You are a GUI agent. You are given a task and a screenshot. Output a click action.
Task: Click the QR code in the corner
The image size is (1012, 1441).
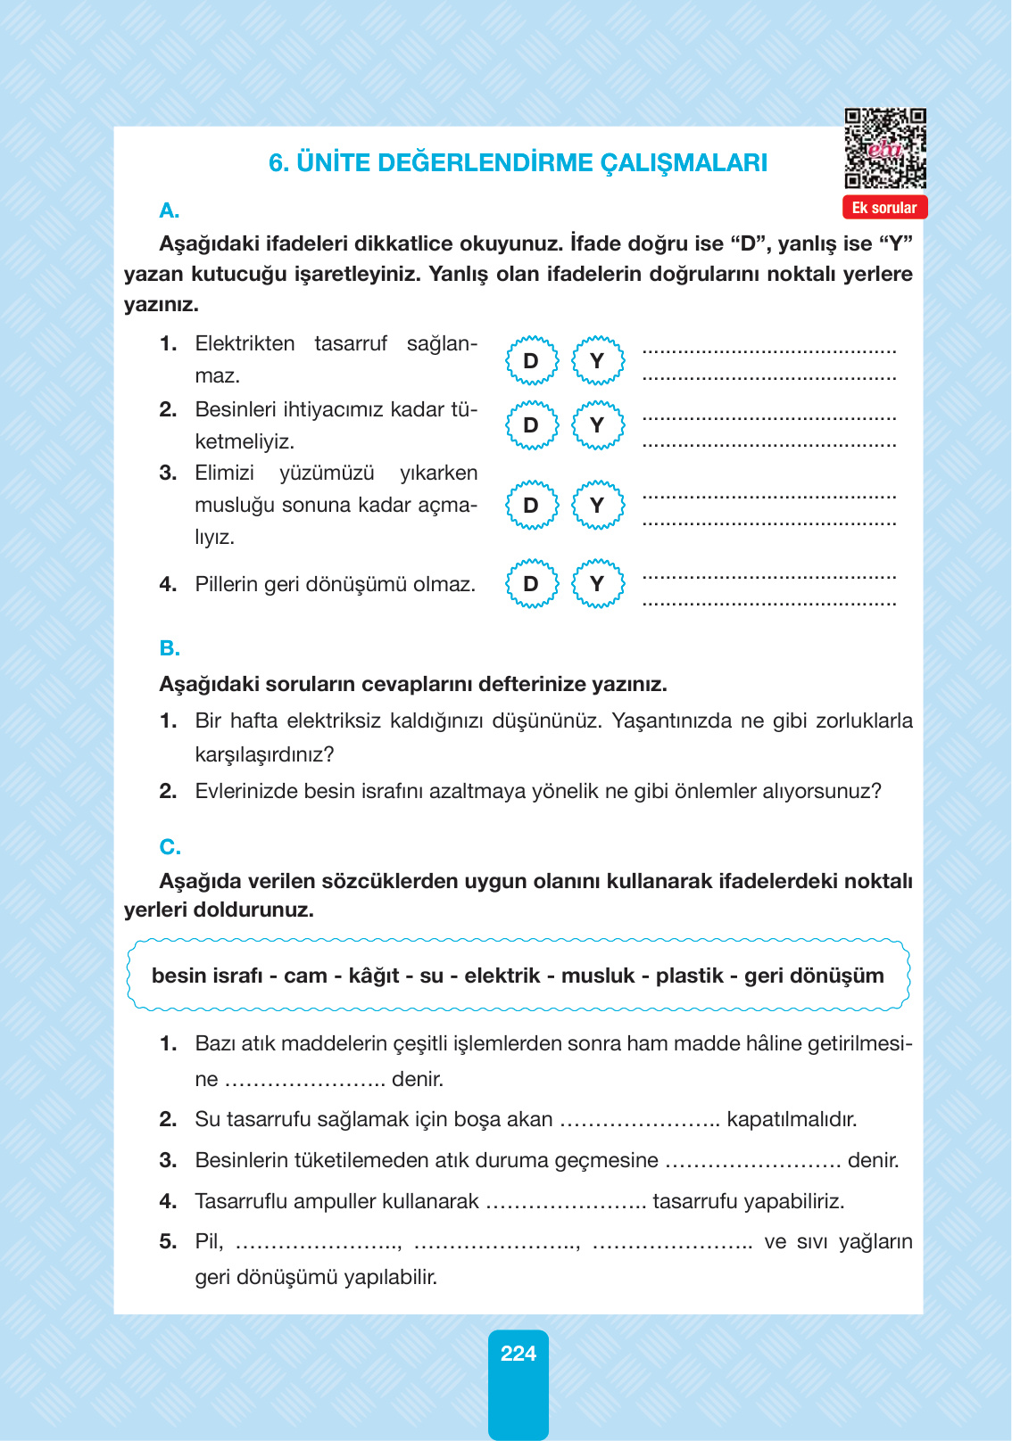pyautogui.click(x=884, y=148)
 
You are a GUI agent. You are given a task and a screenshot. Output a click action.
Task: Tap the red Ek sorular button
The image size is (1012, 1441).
pyautogui.click(x=884, y=208)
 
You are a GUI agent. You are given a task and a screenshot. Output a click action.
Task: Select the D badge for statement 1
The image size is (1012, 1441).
pyautogui.click(x=531, y=360)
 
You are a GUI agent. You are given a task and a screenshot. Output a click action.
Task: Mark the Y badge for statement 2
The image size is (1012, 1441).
pyautogui.click(x=597, y=425)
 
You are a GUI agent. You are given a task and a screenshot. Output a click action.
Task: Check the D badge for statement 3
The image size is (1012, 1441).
pyautogui.click(x=531, y=505)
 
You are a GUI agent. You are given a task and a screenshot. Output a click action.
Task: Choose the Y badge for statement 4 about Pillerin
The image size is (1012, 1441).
pyautogui.click(x=597, y=583)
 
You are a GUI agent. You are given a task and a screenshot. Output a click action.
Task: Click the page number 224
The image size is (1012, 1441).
pyautogui.click(x=518, y=1354)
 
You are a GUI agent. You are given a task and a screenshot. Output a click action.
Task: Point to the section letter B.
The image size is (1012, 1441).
pyautogui.click(x=170, y=648)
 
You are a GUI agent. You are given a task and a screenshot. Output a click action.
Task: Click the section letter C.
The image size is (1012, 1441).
pyautogui.click(x=170, y=846)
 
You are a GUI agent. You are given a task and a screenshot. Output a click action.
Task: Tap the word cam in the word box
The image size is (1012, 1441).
pyautogui.click(x=305, y=976)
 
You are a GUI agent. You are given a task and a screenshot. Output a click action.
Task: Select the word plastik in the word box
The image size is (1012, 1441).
pyautogui.click(x=689, y=976)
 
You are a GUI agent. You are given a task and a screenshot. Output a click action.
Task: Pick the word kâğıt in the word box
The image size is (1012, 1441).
pyautogui.click(x=373, y=976)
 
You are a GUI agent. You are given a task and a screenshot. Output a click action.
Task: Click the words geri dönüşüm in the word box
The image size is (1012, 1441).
pyautogui.click(x=813, y=976)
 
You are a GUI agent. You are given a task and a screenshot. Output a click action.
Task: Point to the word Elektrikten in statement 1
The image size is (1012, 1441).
pyautogui.click(x=245, y=344)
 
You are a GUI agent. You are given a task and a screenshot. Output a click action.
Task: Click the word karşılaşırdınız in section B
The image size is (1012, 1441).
pyautogui.click(x=264, y=754)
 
